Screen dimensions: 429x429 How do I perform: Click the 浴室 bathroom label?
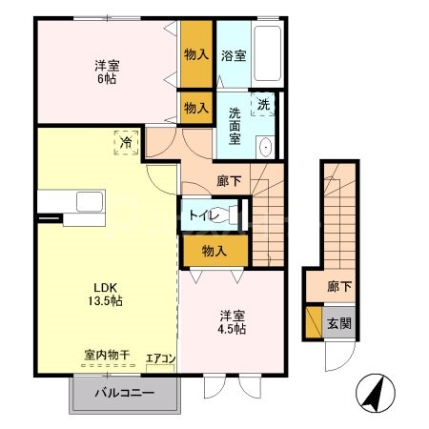234,55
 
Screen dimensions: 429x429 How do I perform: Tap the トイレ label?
204,216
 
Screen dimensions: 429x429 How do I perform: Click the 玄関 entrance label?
338,323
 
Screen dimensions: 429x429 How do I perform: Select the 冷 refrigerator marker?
126,142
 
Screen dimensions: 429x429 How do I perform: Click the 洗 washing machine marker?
262,102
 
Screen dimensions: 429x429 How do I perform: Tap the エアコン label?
160,359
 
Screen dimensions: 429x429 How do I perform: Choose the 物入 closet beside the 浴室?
196,54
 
